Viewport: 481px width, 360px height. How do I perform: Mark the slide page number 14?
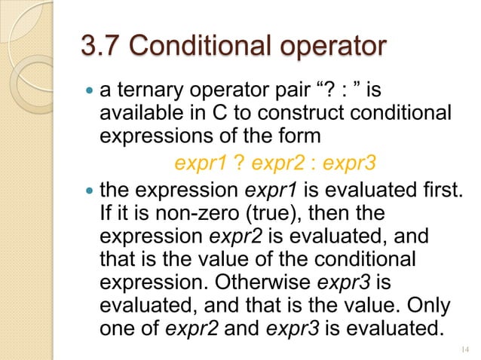click(463, 349)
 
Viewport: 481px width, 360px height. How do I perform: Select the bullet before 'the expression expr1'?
click(88, 188)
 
